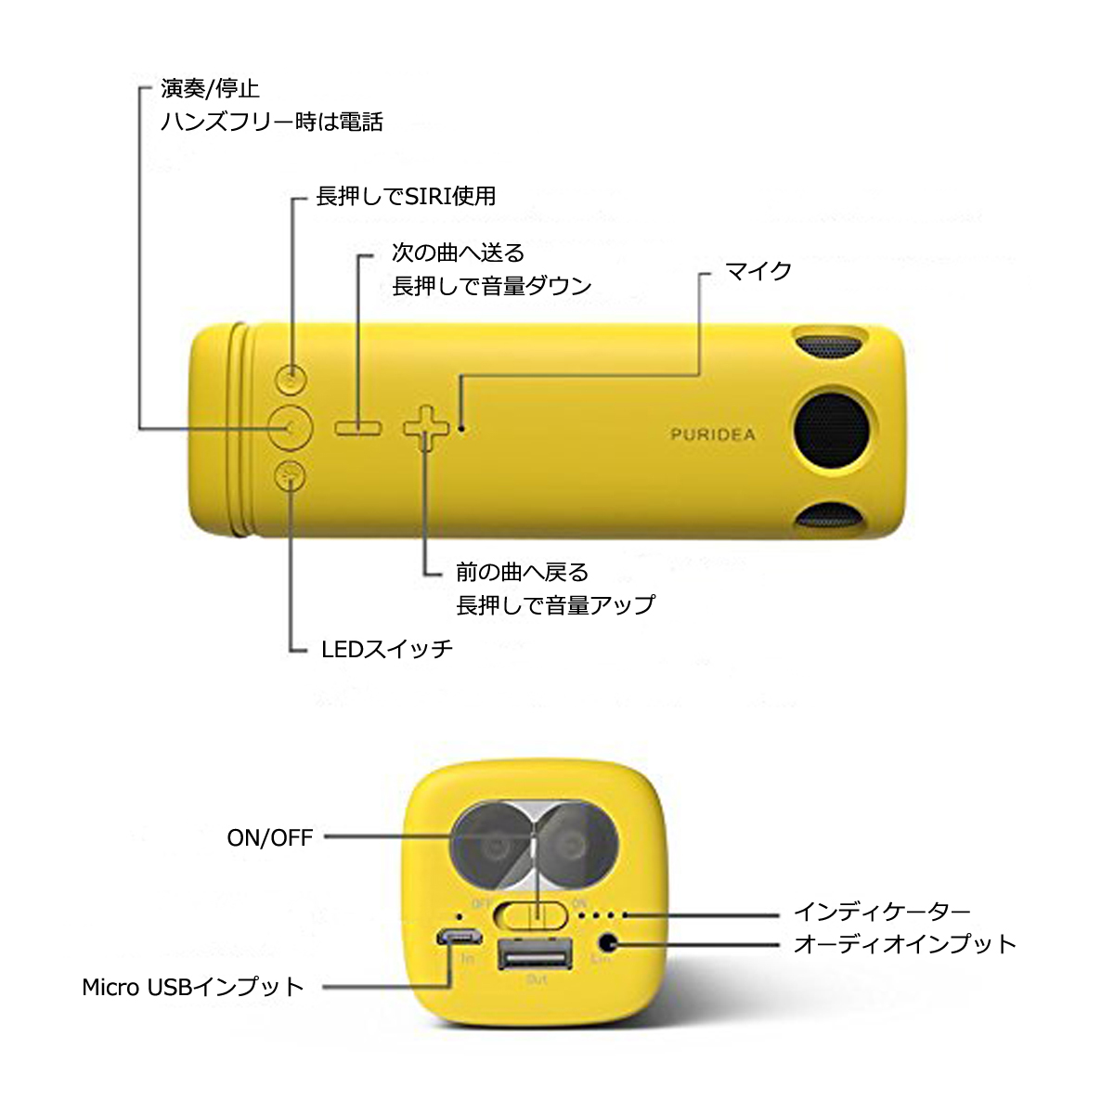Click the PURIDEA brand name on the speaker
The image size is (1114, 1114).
click(712, 434)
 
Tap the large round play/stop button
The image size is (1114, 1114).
click(291, 428)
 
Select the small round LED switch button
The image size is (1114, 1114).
click(291, 476)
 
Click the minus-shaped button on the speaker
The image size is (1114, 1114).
click(358, 428)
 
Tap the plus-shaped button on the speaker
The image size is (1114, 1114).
click(426, 428)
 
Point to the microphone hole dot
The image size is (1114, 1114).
click(460, 428)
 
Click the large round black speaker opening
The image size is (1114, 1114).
click(832, 431)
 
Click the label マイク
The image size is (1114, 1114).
click(758, 270)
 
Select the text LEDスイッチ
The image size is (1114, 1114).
click(387, 650)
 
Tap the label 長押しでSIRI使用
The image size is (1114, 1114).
click(406, 197)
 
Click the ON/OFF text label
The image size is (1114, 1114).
click(270, 837)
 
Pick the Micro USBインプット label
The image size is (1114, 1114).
click(193, 988)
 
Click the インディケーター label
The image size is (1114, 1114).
click(882, 913)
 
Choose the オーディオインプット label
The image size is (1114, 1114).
click(905, 944)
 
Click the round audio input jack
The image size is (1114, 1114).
click(607, 943)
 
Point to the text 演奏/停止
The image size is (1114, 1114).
click(211, 88)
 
